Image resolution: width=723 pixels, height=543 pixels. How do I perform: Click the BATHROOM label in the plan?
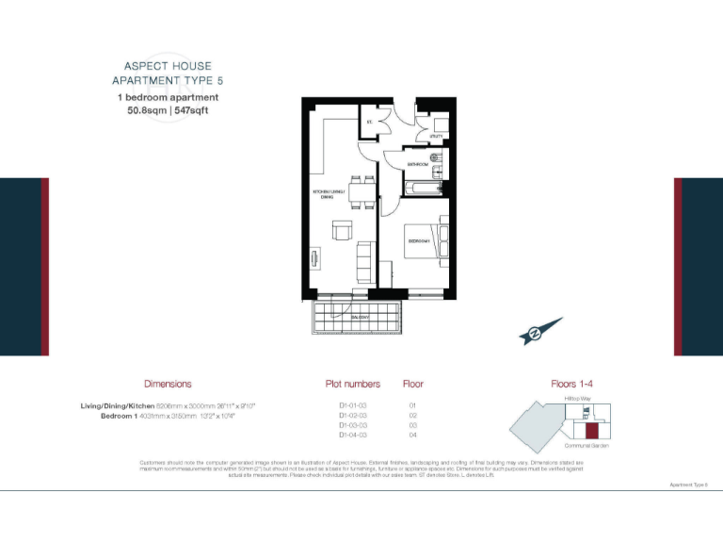418,165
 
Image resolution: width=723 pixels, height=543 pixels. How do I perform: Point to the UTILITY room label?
436,138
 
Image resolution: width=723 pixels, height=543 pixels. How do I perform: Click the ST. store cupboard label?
370,122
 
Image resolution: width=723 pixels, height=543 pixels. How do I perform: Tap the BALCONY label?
361,318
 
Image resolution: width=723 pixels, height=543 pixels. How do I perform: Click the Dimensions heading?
168,385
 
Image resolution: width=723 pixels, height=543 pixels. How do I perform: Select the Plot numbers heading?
353,385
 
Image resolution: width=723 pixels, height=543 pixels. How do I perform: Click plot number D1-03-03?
353,425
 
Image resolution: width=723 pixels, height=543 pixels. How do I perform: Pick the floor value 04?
412,436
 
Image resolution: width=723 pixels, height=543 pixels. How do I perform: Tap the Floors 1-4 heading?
572,385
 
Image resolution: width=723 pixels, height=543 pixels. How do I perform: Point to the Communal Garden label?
586,446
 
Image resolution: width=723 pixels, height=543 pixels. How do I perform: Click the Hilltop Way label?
578,399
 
